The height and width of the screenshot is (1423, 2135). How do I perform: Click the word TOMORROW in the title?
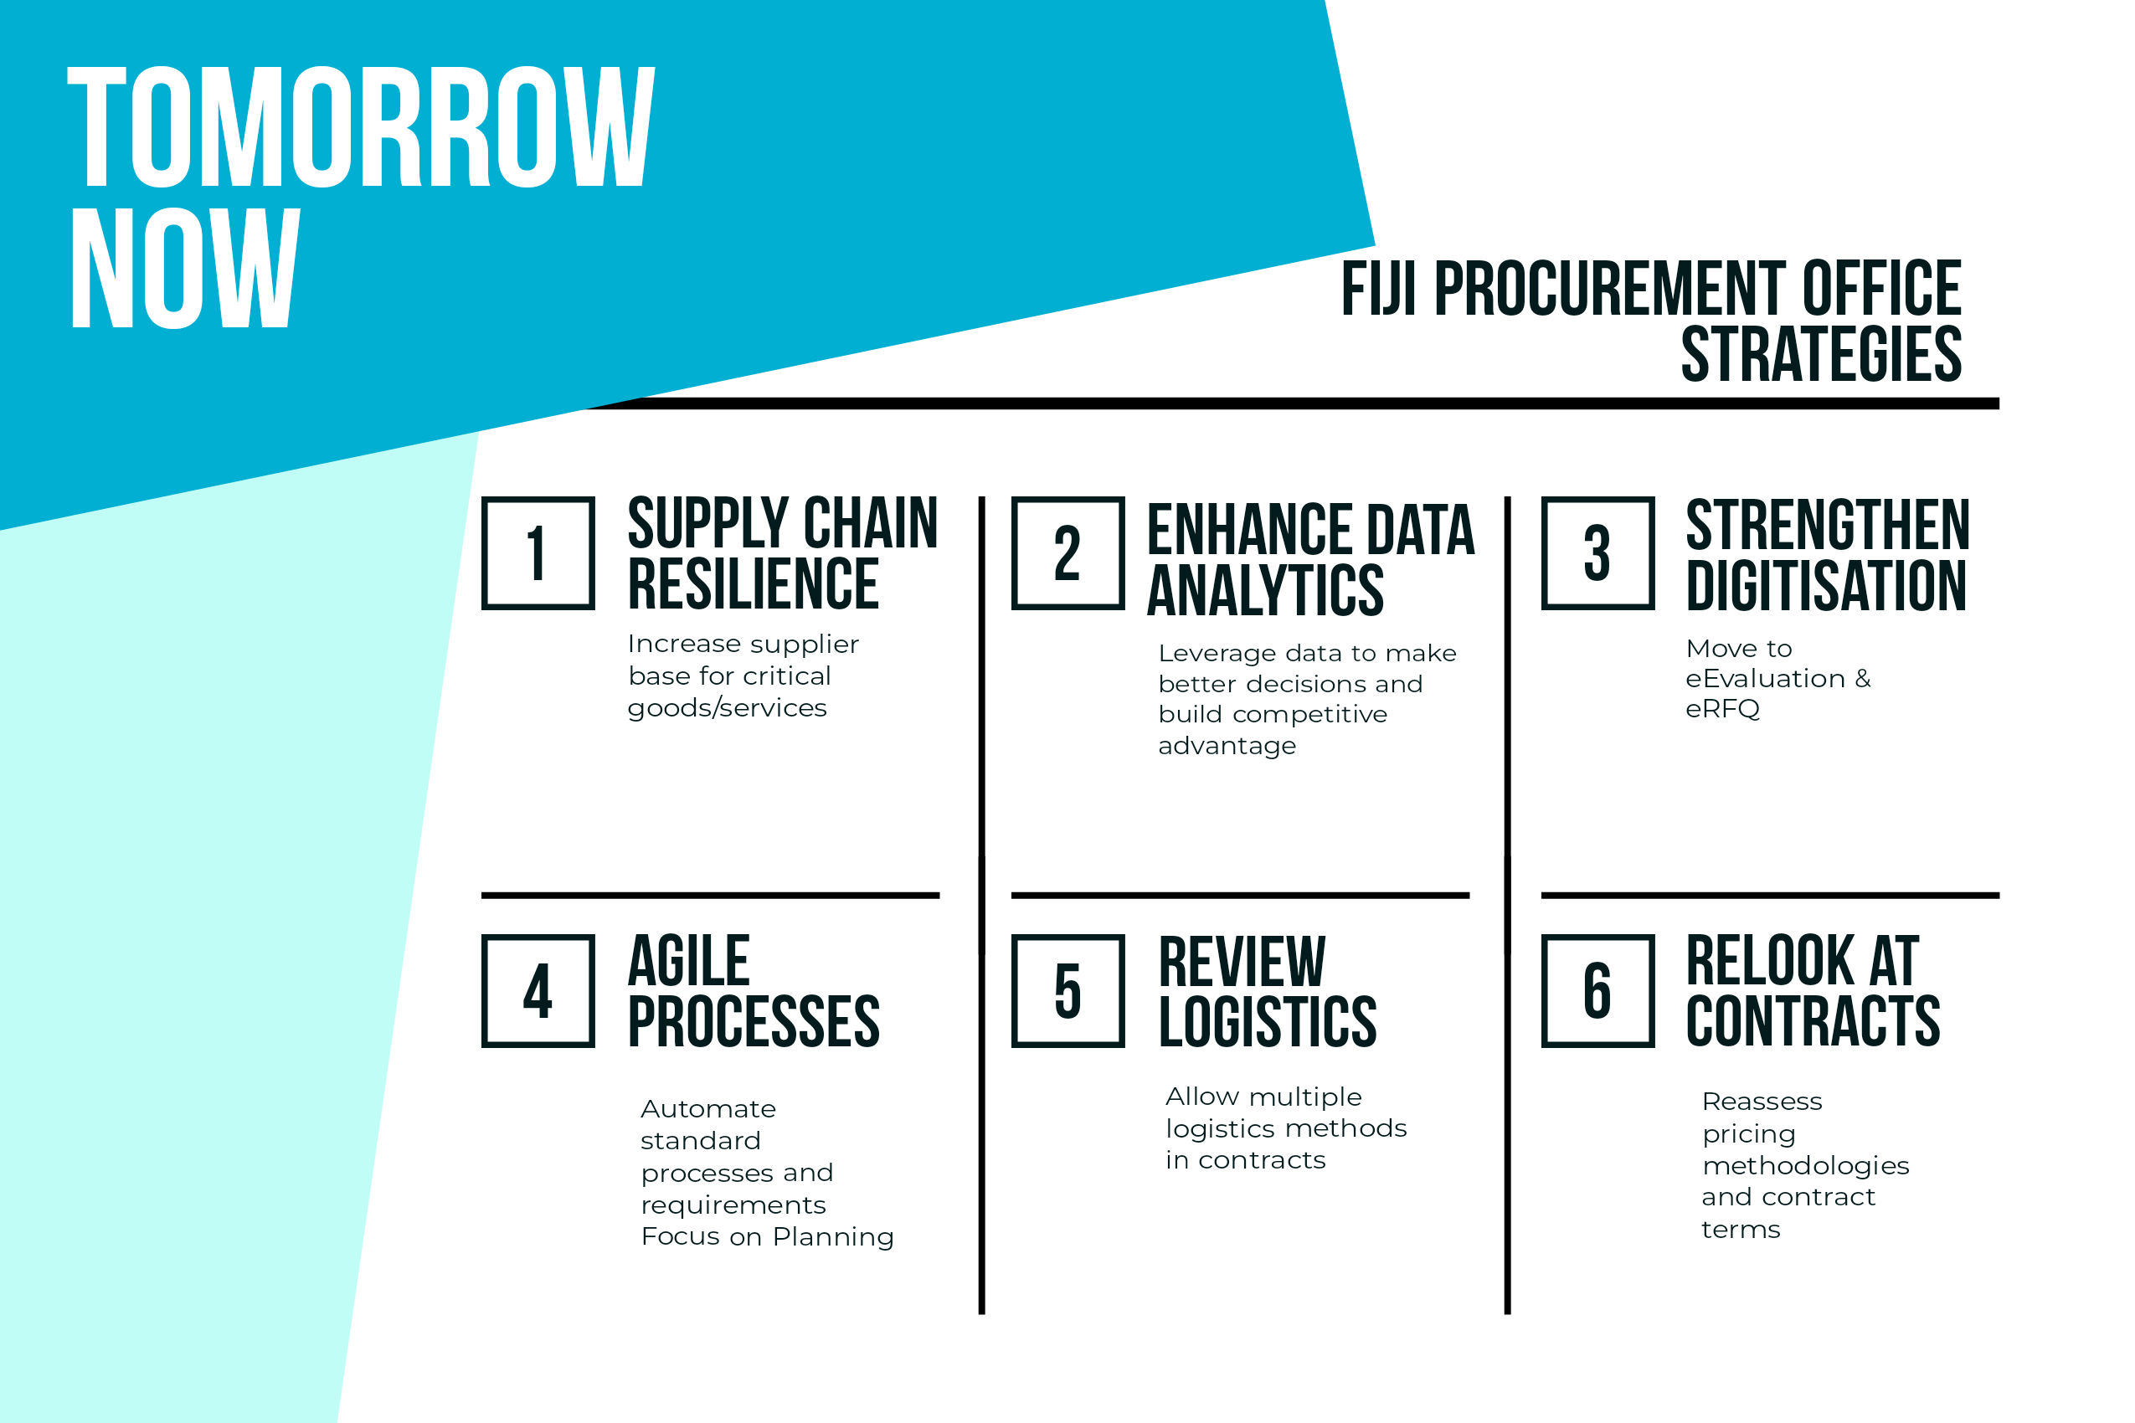pos(362,126)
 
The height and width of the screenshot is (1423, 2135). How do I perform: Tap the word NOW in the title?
pos(185,268)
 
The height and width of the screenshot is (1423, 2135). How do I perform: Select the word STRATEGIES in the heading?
pos(1821,353)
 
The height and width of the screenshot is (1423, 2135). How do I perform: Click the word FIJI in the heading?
pos(1378,288)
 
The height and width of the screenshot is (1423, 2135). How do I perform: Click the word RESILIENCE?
pos(754,583)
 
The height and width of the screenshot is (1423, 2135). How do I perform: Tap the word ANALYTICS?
pos(1265,590)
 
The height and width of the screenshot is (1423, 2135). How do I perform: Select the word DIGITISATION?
pos(1825,585)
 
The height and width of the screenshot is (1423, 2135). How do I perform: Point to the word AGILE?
pos(689,960)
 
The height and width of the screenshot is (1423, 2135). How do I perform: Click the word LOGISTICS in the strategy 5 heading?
pos(1268,1021)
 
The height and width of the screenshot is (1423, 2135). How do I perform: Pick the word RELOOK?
pos(1769,960)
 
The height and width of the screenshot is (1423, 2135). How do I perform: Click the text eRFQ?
pos(1722,709)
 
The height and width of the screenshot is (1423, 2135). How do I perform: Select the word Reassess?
pos(1762,1102)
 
